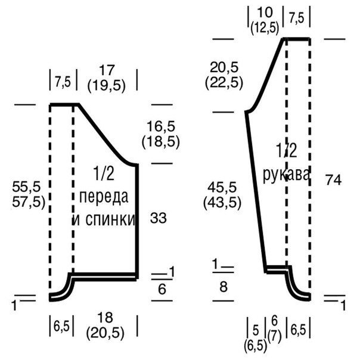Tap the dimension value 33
point(158,218)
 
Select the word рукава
point(286,175)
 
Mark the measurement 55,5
point(26,187)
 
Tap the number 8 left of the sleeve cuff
point(224,287)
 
